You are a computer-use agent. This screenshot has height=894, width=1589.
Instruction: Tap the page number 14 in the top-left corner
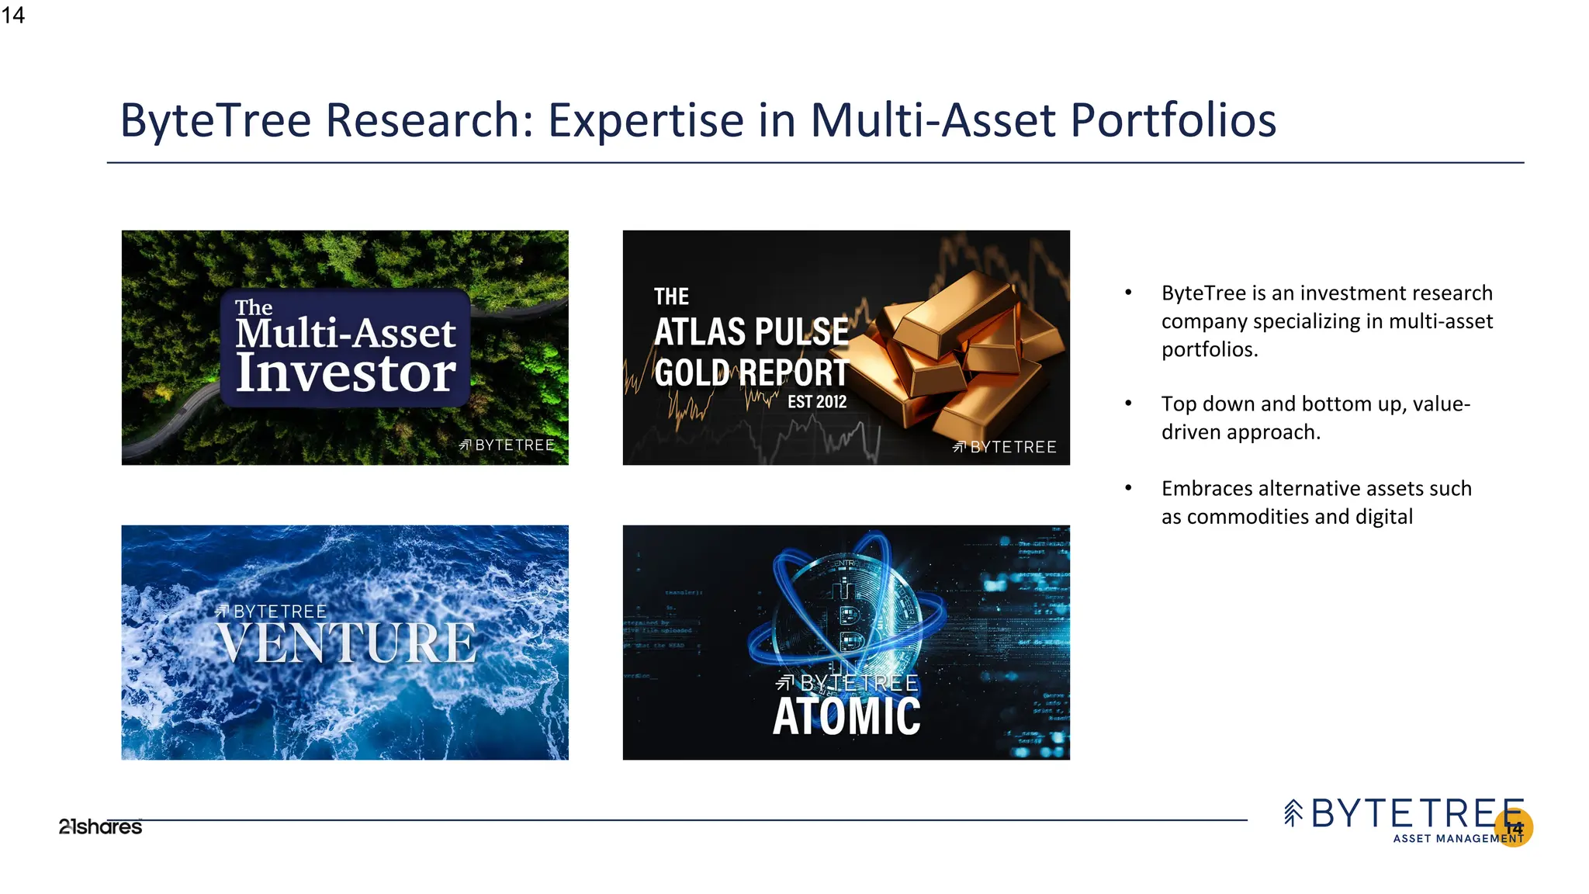pos(13,16)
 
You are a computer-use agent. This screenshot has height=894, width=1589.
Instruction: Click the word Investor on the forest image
pos(345,373)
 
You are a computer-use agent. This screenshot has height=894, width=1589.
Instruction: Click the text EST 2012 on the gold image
pos(817,402)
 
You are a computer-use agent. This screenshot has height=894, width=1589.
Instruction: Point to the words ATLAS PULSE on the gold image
pos(751,332)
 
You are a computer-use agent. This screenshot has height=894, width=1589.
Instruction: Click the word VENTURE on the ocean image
pos(346,643)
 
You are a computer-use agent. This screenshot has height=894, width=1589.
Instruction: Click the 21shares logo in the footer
pos(100,827)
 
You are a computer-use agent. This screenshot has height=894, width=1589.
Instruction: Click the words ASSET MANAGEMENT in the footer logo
pos(1458,839)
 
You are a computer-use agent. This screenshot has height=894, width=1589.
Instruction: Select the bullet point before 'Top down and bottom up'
pos(1129,404)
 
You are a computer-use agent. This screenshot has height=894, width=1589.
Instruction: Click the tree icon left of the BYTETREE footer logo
pos(1293,813)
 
